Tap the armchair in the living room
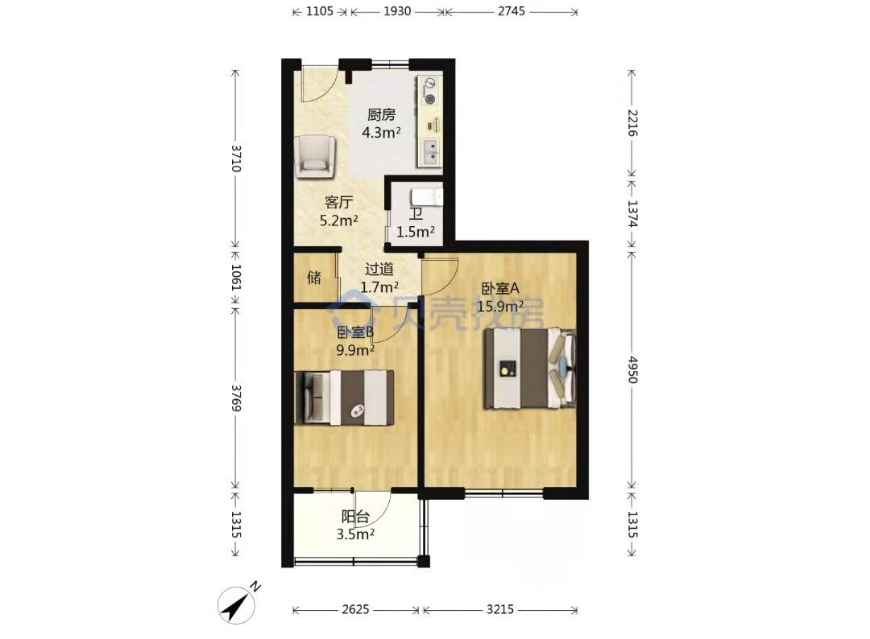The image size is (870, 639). [x=315, y=157]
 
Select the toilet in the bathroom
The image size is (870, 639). [x=427, y=197]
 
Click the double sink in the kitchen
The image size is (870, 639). [x=430, y=152]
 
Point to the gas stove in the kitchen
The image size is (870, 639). [x=430, y=92]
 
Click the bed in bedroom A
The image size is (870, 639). [x=530, y=369]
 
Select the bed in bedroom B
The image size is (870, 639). [x=345, y=398]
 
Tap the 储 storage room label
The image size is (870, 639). [x=314, y=277]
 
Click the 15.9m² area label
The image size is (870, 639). [x=500, y=306]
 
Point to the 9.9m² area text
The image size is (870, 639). [x=355, y=350]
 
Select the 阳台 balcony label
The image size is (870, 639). [x=355, y=517]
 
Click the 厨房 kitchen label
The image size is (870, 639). [x=381, y=115]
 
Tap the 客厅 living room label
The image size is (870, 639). [x=338, y=202]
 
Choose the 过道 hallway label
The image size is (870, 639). [x=379, y=270]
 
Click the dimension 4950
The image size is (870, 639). [x=633, y=369]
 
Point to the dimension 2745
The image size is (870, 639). [x=511, y=11]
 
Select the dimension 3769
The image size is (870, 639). [x=236, y=398]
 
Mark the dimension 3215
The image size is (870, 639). [x=500, y=610]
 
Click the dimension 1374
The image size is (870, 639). [x=633, y=213]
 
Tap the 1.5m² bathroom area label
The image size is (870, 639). [x=415, y=232]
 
